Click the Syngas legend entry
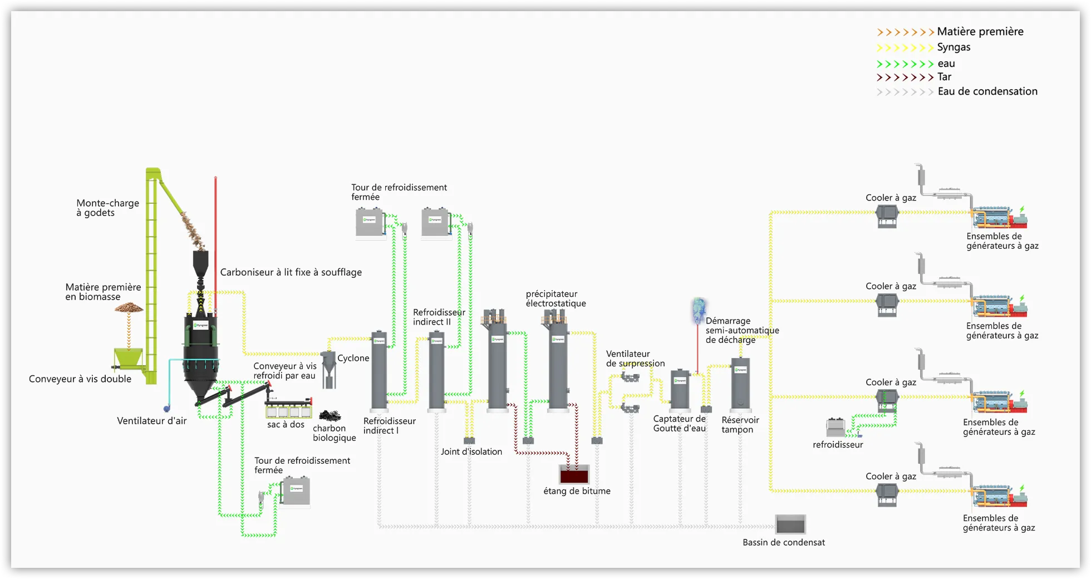click(954, 47)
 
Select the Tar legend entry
click(944, 77)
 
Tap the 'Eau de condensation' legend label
click(987, 91)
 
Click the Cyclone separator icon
click(329, 367)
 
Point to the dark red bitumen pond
click(574, 475)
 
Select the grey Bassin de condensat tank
click(790, 524)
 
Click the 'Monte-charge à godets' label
click(107, 208)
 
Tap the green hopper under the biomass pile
click(127, 359)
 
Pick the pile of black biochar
click(330, 415)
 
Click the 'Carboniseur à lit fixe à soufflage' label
click(291, 272)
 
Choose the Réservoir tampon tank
click(740, 384)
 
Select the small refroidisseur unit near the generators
click(836, 427)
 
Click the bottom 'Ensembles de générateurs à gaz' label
click(999, 523)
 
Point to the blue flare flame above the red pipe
click(698, 310)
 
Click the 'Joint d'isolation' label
click(471, 452)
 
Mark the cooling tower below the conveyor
click(296, 491)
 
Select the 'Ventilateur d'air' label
click(151, 421)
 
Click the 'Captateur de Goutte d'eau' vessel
click(680, 390)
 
